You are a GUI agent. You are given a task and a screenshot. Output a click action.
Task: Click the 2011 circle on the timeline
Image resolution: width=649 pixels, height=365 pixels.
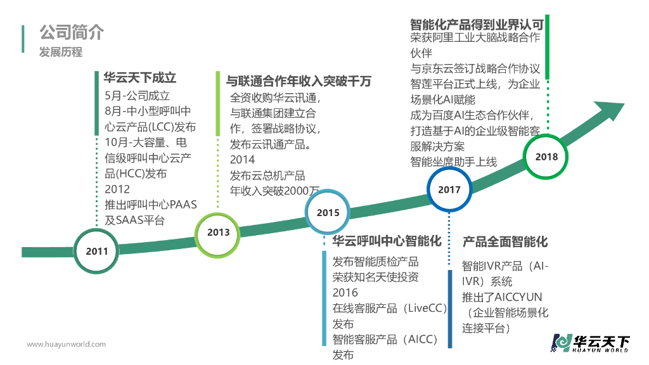coord(97,251)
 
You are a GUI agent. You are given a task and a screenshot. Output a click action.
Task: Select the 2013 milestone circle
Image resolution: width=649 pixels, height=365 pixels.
coord(218,233)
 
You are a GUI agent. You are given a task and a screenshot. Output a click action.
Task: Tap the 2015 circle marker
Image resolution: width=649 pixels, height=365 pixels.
coord(328,213)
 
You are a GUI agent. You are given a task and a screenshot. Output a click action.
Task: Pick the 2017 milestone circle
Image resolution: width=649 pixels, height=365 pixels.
coord(449,189)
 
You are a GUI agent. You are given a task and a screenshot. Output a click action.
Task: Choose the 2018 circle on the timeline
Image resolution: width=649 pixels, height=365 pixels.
coord(546,157)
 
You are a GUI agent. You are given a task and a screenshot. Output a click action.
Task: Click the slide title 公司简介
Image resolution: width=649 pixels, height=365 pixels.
coord(71,33)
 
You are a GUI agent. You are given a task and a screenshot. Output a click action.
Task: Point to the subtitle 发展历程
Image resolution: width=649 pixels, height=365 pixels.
coord(61,52)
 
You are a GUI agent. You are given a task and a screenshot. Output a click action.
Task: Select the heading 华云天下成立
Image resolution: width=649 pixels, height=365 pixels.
coord(139,78)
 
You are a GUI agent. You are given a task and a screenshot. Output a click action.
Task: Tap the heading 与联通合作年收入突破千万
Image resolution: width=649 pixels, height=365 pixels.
coord(299,82)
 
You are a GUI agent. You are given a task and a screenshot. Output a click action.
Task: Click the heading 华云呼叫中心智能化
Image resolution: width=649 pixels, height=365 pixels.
coord(387,241)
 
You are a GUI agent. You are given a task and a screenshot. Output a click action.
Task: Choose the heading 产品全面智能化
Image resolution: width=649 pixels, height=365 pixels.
coord(504,241)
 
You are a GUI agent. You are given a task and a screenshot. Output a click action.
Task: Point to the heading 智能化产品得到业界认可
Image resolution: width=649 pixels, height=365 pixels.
coord(477,25)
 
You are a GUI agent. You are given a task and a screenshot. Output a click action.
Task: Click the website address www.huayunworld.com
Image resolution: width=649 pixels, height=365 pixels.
coord(66,344)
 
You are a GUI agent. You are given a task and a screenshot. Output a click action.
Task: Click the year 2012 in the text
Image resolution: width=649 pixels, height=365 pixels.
coord(117,189)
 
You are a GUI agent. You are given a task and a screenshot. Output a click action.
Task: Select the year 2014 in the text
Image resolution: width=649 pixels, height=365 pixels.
coord(242,160)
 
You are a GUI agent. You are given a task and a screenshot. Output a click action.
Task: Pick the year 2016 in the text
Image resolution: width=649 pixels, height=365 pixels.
coord(345,293)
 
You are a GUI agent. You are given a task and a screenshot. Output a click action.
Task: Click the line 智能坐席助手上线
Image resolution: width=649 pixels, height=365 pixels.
coord(454,162)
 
